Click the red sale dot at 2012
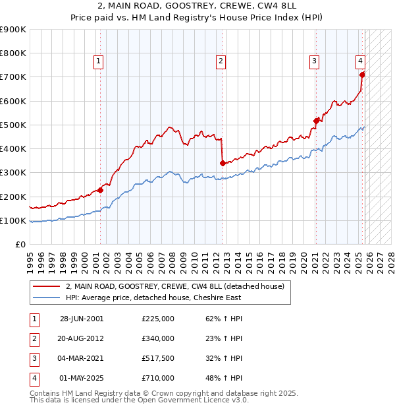pos(223,163)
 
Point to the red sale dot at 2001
pos(101,191)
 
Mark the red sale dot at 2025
pos(362,75)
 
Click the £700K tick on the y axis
pos(13,77)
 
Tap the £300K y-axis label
pos(13,173)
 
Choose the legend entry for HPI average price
pos(153,298)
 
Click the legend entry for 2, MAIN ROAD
pos(174,286)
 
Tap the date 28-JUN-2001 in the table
pos(82,319)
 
